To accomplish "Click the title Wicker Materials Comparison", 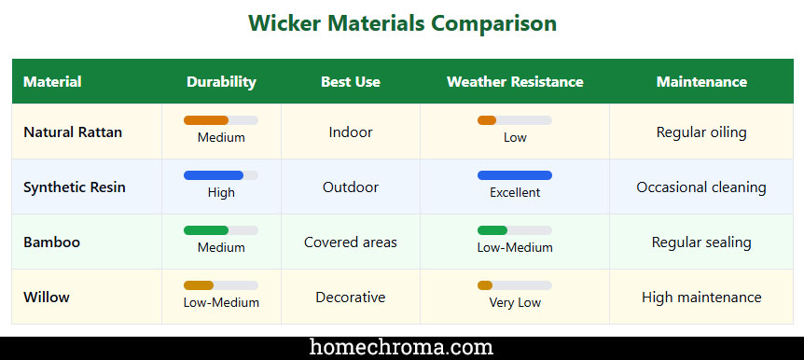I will tap(402, 24).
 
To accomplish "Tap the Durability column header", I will tap(221, 82).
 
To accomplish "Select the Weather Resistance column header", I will tap(515, 82).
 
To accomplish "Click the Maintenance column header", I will tap(701, 82).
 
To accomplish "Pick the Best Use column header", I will tap(351, 82).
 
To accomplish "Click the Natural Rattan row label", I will tap(73, 132).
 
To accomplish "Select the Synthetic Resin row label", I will tap(75, 187).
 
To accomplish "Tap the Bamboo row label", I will tap(52, 242).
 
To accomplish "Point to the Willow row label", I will tap(47, 298).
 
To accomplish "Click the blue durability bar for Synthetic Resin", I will tap(215, 175).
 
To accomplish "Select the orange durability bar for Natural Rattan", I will tap(207, 120).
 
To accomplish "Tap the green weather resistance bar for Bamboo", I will tap(493, 230).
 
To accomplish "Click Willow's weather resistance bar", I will tap(486, 285).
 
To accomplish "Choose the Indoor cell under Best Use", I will tap(351, 132).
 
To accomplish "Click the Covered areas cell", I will tap(351, 242).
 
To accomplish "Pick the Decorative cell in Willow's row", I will tap(351, 298).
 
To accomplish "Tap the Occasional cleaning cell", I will tap(701, 187).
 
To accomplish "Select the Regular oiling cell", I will tap(701, 132).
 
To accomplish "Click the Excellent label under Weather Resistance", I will tap(515, 193).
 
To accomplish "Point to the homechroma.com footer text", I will tap(402, 348).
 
